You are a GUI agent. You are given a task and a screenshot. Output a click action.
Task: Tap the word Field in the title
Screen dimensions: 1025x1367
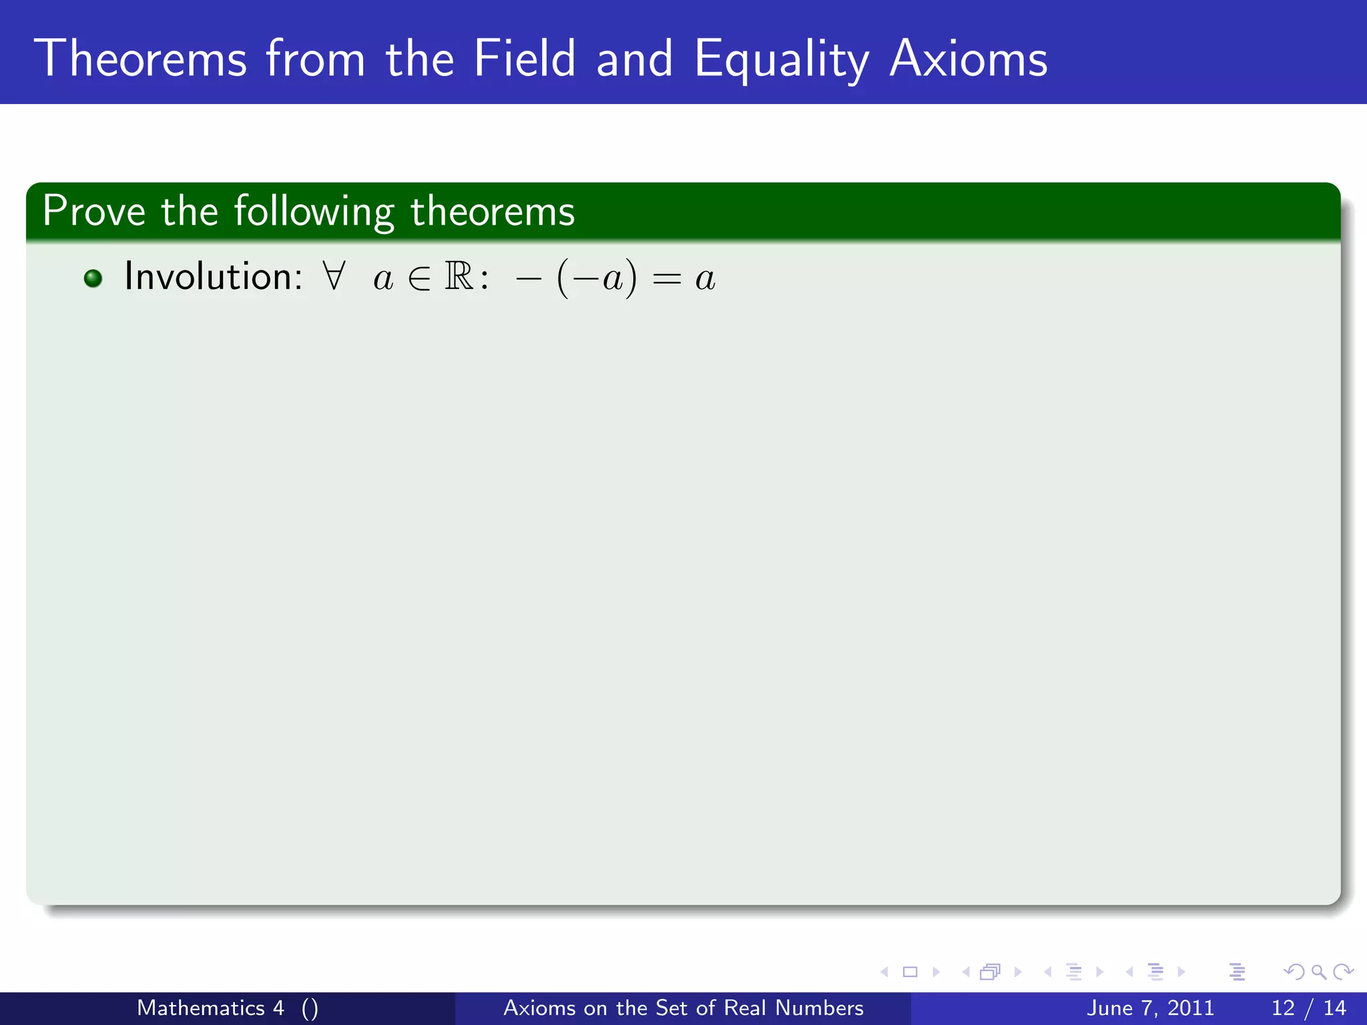click(x=524, y=59)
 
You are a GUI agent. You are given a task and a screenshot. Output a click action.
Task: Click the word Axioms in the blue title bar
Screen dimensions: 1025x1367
click(x=969, y=59)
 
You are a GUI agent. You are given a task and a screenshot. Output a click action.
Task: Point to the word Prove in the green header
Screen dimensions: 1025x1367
click(x=94, y=212)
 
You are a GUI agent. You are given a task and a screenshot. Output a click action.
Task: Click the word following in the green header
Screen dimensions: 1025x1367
click(x=314, y=213)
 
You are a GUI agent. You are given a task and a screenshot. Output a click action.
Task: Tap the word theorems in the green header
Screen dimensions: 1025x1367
click(x=492, y=212)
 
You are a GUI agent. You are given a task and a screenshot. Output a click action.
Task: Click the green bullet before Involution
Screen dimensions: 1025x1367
click(x=93, y=278)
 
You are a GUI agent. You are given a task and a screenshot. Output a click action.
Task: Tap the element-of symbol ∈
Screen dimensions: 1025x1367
click(x=419, y=279)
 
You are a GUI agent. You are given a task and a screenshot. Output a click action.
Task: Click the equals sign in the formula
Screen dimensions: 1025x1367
click(x=666, y=280)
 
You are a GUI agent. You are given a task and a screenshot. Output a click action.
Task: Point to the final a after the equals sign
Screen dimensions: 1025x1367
click(x=705, y=280)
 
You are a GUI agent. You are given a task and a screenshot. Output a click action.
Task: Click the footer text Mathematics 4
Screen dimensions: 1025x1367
click(x=210, y=1008)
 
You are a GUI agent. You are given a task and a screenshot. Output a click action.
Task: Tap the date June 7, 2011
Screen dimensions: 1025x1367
click(x=1150, y=1008)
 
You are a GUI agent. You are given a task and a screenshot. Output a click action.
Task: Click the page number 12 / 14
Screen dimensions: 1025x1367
click(x=1308, y=1008)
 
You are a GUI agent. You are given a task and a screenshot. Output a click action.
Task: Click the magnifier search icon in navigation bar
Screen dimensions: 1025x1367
click(x=1318, y=972)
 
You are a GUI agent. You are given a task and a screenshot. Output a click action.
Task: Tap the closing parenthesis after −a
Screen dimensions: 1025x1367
click(x=631, y=279)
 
